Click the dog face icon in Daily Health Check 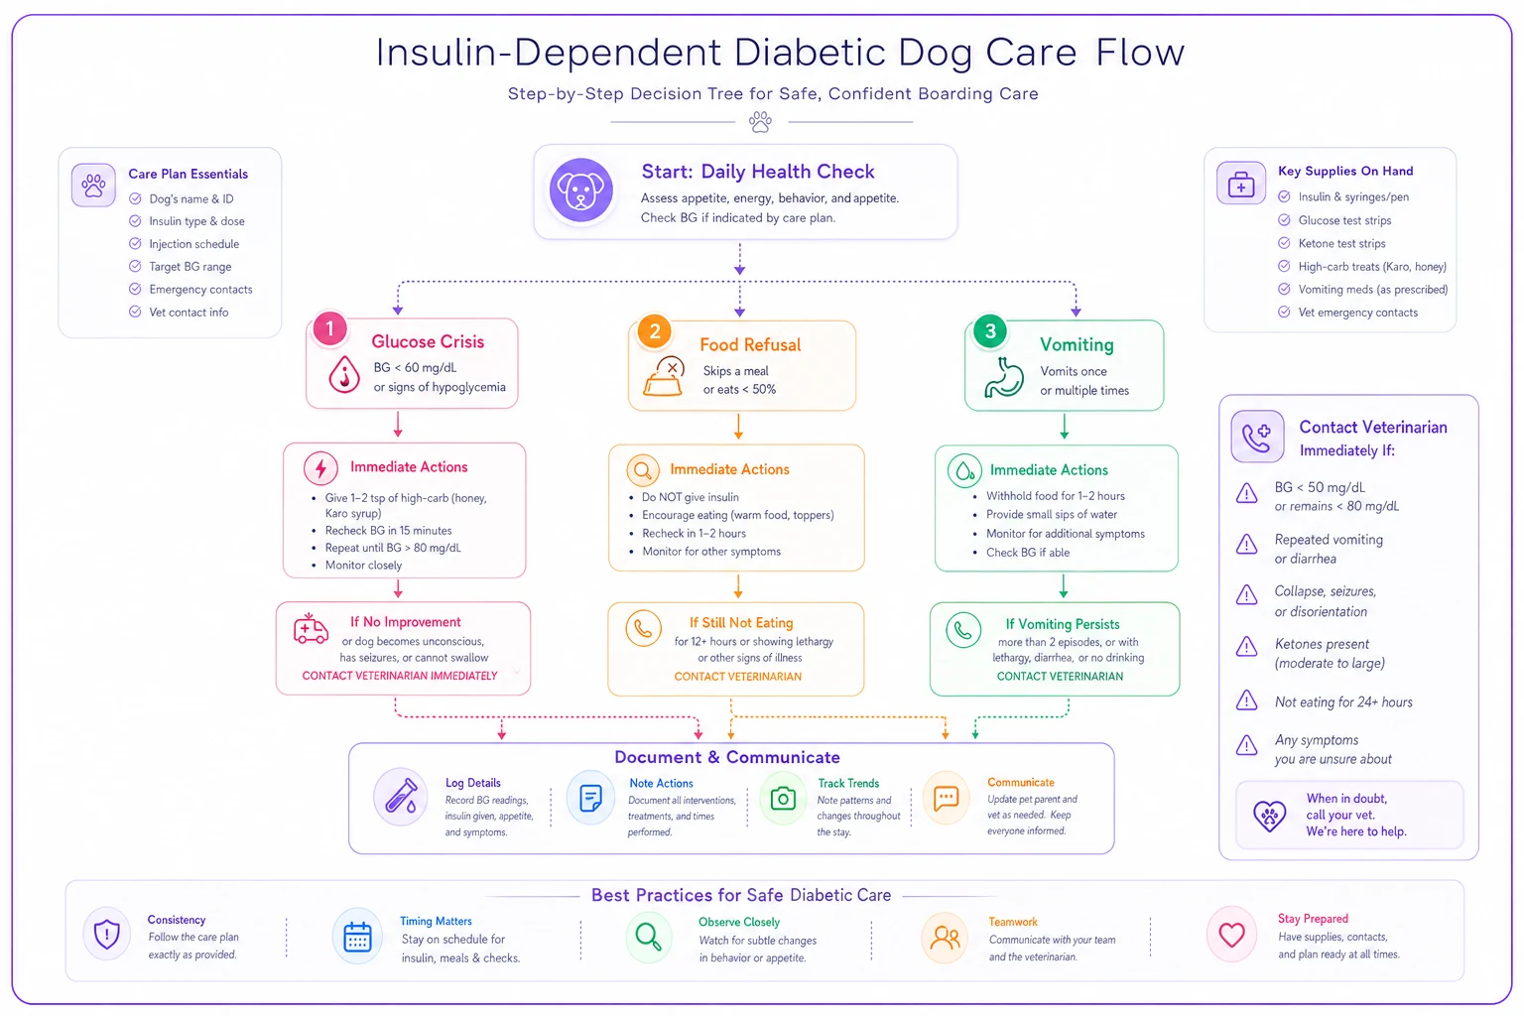[581, 190]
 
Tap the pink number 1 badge [330, 329]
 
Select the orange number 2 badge [655, 331]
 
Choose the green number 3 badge [990, 331]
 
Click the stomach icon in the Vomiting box [1003, 377]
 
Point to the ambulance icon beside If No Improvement [311, 628]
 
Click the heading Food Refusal [750, 345]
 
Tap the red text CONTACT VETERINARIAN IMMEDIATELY [400, 676]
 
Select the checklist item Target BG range [190, 267]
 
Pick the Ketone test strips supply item [1341, 244]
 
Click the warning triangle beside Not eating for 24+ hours [1246, 700]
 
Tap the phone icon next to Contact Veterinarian [1257, 437]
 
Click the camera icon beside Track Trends [783, 799]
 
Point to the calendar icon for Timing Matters [357, 937]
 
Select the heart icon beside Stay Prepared [1231, 935]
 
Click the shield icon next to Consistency [107, 934]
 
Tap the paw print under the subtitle [760, 122]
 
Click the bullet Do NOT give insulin [690, 497]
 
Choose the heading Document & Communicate [726, 757]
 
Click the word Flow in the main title [1140, 53]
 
